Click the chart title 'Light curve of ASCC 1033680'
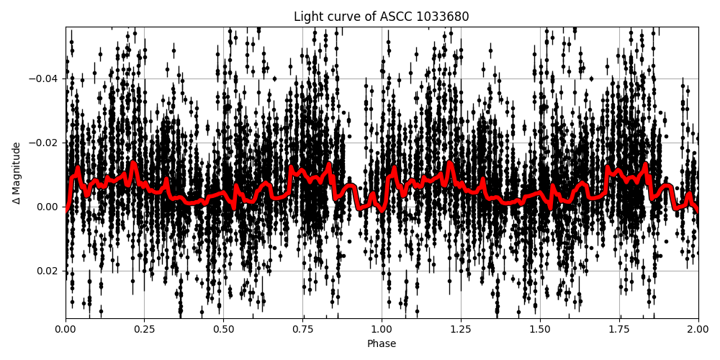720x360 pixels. pos(381,17)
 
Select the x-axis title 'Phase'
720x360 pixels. pos(381,344)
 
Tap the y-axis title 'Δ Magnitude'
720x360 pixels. pos(17,173)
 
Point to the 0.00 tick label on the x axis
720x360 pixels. pos(66,330)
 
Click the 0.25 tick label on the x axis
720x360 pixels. pos(144,330)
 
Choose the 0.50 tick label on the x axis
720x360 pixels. pos(223,330)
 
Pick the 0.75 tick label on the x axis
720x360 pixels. pos(302,330)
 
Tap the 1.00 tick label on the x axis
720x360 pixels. pos(382,330)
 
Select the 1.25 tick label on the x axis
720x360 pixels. pos(461,330)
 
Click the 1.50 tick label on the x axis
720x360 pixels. pos(539,330)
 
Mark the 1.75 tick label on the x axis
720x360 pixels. pos(618,330)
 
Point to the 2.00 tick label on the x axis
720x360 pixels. pos(698,330)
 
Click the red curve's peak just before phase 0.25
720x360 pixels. pos(133,163)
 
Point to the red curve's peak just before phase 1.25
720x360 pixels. pos(450,163)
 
